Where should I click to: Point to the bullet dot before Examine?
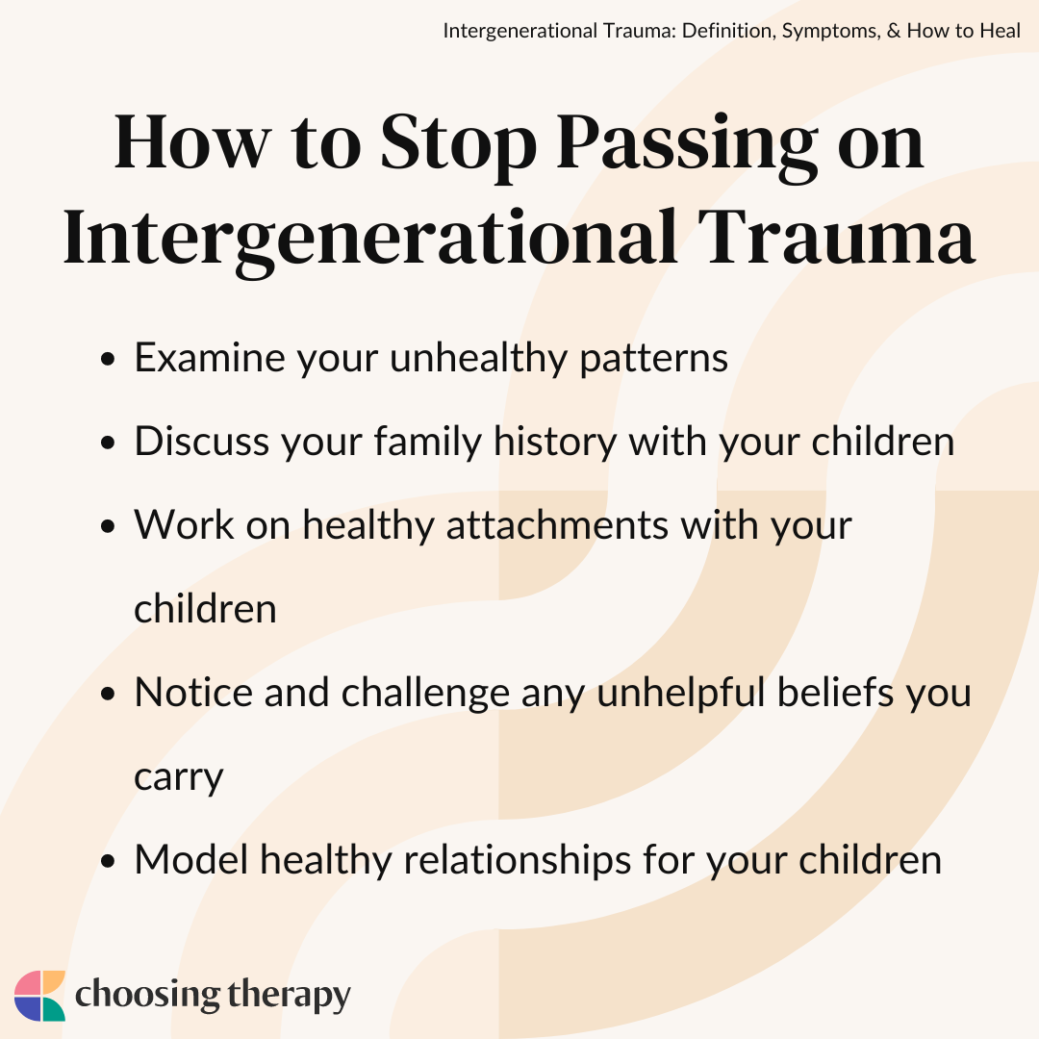(108, 360)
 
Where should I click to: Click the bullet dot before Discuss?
(108, 443)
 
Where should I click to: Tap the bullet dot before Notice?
(108, 695)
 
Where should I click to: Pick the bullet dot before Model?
(108, 861)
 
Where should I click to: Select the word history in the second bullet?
(555, 442)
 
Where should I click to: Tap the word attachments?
(557, 525)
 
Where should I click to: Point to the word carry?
(179, 779)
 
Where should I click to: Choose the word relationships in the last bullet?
(518, 861)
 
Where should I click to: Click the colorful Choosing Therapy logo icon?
(39, 996)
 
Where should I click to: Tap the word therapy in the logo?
(289, 997)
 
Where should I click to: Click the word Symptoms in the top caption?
(831, 32)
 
